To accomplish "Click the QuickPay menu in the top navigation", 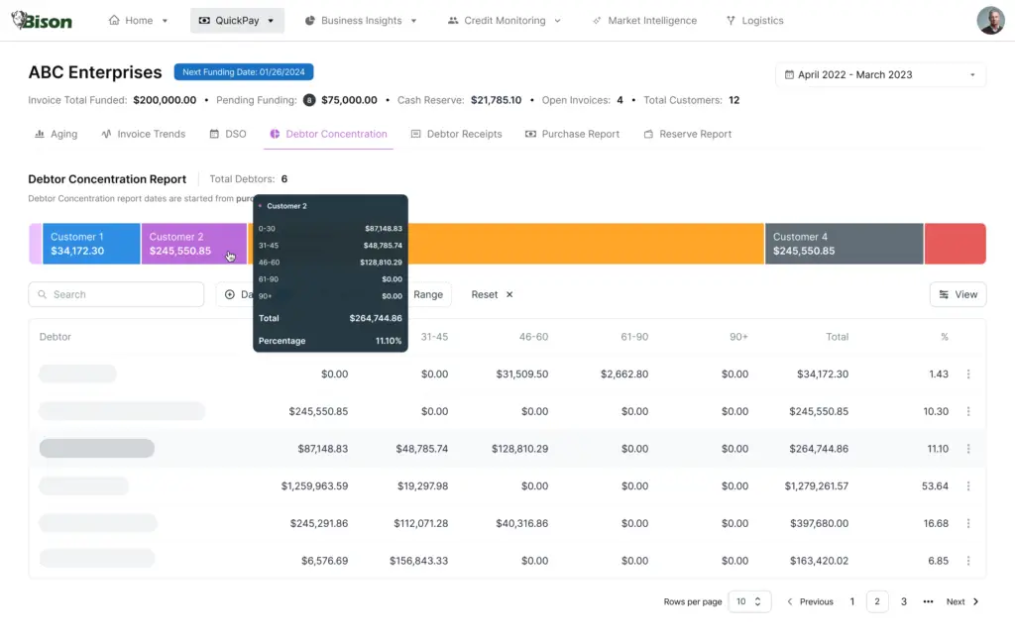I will tap(237, 21).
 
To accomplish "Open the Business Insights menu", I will tap(361, 21).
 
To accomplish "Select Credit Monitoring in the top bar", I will tap(504, 21).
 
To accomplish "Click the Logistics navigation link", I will tap(754, 21).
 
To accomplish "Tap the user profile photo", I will tap(990, 20).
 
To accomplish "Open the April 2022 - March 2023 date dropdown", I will tap(880, 74).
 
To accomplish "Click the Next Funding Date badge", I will tap(244, 72).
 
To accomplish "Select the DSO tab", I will tap(228, 134).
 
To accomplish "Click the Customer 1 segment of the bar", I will tap(90, 244).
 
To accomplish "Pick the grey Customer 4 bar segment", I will tap(844, 244).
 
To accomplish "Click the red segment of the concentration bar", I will tap(955, 244).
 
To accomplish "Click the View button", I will tap(958, 294).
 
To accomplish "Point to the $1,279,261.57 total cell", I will tap(816, 486).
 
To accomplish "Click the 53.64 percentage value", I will tap(935, 486).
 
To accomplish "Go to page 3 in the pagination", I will tap(904, 601).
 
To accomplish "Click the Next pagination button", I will tap(961, 601).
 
